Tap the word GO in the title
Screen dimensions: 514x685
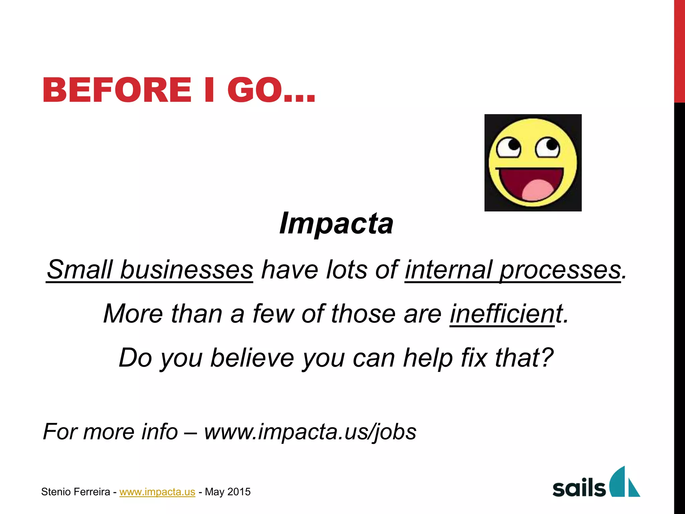click(254, 90)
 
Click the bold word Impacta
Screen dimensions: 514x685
click(336, 224)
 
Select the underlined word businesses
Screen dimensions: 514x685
click(186, 270)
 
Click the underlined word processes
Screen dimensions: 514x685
click(560, 270)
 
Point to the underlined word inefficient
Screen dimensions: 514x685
click(502, 314)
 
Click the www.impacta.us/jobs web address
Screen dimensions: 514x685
click(310, 431)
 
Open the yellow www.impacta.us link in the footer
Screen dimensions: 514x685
click(157, 492)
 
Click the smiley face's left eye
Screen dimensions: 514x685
click(508, 148)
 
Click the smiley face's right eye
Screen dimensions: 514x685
click(548, 147)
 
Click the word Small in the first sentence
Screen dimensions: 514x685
click(80, 270)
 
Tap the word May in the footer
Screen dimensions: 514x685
click(214, 492)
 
